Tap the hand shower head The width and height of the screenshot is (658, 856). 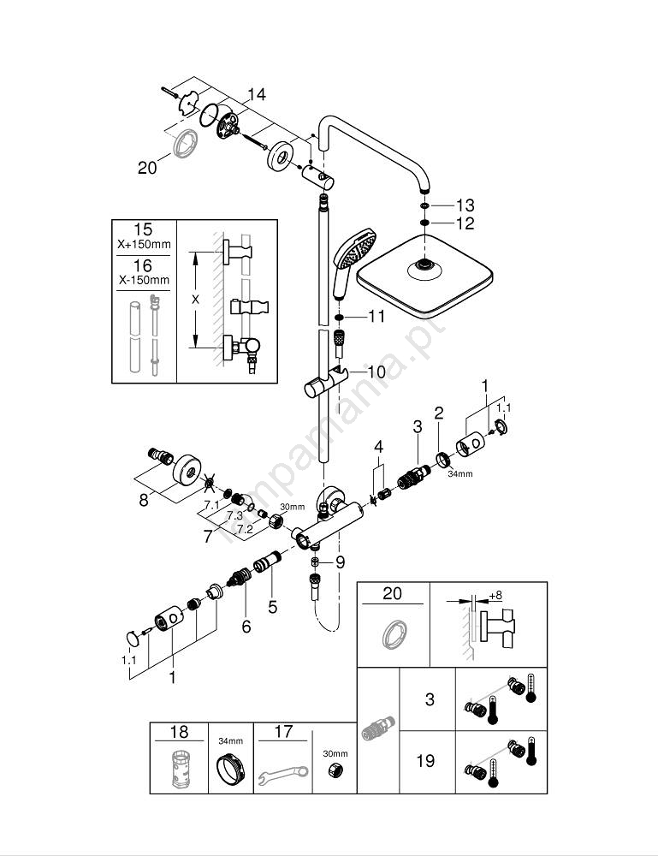pyautogui.click(x=355, y=248)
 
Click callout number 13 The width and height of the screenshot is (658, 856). pyautogui.click(x=465, y=205)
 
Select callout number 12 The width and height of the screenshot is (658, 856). pyautogui.click(x=465, y=223)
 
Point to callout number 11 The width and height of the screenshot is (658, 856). pyautogui.click(x=376, y=317)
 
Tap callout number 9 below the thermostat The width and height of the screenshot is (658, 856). pyautogui.click(x=340, y=562)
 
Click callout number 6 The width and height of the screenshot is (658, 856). pyautogui.click(x=246, y=627)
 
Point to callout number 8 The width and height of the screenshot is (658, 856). pyautogui.click(x=144, y=498)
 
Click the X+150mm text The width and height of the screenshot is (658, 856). pyautogui.click(x=144, y=245)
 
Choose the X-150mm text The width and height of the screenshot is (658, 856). pyautogui.click(x=144, y=280)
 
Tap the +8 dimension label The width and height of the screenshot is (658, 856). pyautogui.click(x=495, y=596)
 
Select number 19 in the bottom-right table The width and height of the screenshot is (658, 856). pyautogui.click(x=425, y=760)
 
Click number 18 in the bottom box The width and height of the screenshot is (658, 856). pyautogui.click(x=179, y=733)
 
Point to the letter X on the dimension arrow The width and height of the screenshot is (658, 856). pyautogui.click(x=196, y=299)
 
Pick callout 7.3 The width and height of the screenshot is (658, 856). pyautogui.click(x=233, y=517)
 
